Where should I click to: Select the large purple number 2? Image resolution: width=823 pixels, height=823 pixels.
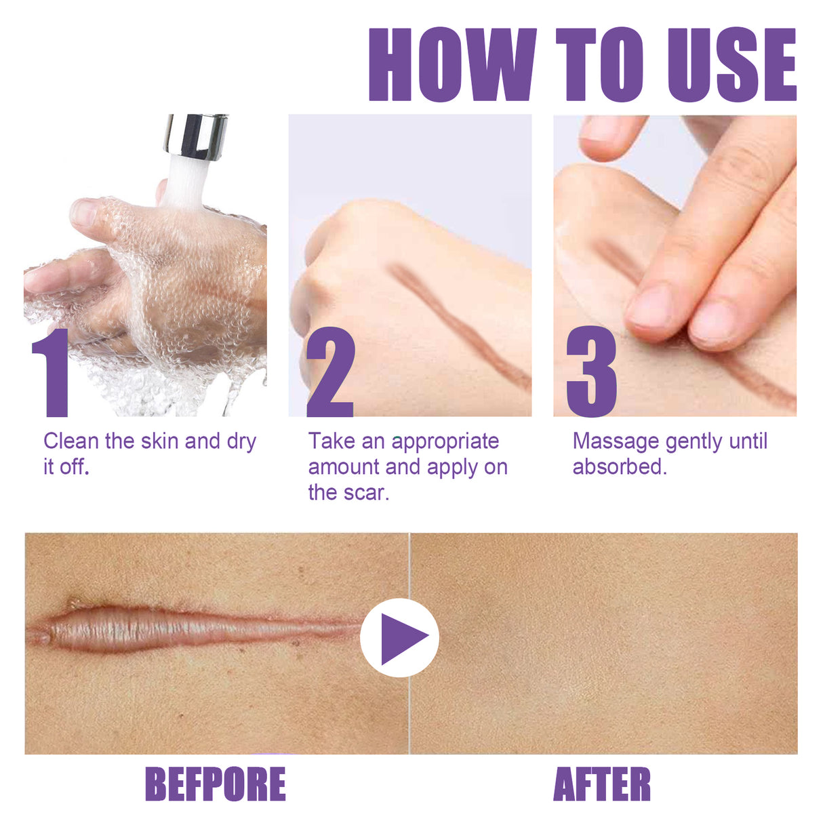330,373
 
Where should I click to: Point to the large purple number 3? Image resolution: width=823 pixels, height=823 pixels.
591,373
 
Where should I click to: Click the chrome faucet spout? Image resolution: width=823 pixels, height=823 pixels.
195,136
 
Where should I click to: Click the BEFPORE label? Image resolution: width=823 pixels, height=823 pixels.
216,784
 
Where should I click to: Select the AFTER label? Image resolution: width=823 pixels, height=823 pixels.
602,784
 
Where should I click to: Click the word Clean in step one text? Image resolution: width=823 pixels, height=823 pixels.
71,441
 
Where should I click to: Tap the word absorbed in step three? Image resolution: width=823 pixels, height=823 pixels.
619,467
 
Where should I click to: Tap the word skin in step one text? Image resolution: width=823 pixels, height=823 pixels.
159,441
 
